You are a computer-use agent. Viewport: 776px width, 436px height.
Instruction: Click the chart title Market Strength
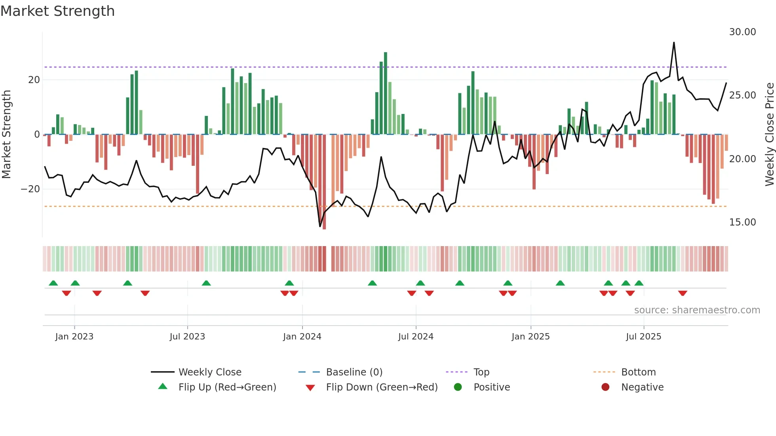(57, 11)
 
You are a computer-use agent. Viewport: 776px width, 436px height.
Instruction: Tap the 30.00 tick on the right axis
(742, 32)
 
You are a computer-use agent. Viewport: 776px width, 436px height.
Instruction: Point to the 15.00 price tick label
(742, 222)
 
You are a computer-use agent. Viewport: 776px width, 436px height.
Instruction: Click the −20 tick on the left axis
(30, 189)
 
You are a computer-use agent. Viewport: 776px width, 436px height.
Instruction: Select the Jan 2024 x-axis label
(302, 337)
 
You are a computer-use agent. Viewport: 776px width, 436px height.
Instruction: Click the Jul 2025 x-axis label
(643, 337)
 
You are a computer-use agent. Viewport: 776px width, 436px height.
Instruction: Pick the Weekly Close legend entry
(209, 372)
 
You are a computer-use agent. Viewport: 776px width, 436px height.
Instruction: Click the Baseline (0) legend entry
(354, 372)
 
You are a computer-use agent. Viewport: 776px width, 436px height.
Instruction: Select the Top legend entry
(481, 372)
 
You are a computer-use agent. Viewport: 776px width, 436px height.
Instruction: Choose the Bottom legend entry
(638, 372)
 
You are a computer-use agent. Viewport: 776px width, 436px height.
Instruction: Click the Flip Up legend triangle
(163, 387)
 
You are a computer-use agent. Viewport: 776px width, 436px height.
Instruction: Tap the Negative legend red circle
(605, 387)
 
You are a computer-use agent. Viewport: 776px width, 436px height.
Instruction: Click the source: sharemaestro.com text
(697, 310)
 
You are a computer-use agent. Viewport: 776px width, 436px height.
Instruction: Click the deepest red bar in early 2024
(324, 182)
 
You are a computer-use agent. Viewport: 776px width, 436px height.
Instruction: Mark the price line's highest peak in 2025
(674, 43)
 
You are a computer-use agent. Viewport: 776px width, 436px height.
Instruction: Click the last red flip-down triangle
(683, 293)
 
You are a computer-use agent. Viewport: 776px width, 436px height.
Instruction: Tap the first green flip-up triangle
(53, 283)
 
